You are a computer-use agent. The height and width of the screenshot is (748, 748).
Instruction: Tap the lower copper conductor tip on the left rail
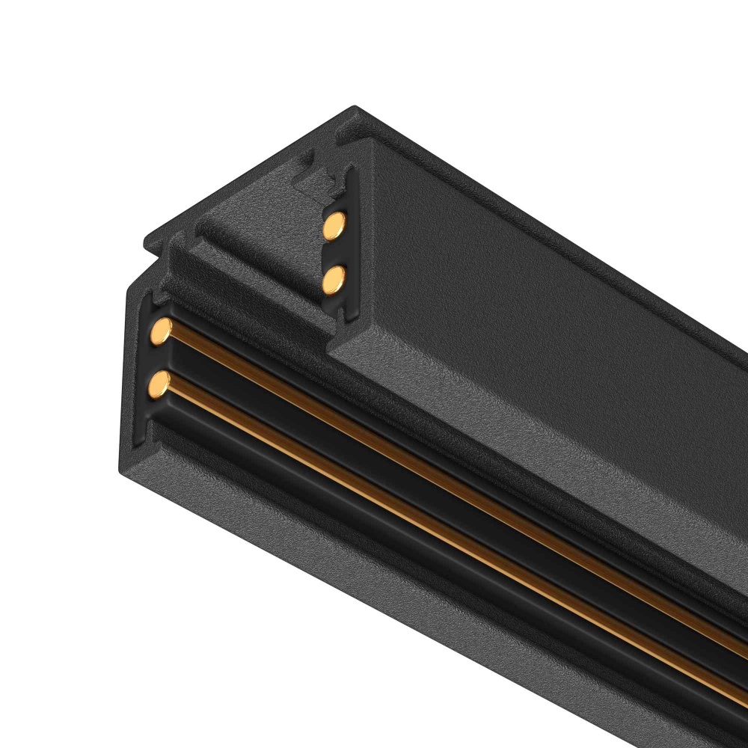(x=158, y=384)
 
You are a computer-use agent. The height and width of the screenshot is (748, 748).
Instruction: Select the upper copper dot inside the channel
(x=335, y=224)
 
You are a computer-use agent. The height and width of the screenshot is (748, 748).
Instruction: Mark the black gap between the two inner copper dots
(x=335, y=252)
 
